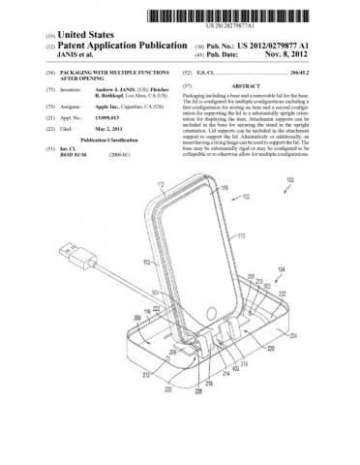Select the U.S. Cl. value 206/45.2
coord(329,73)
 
